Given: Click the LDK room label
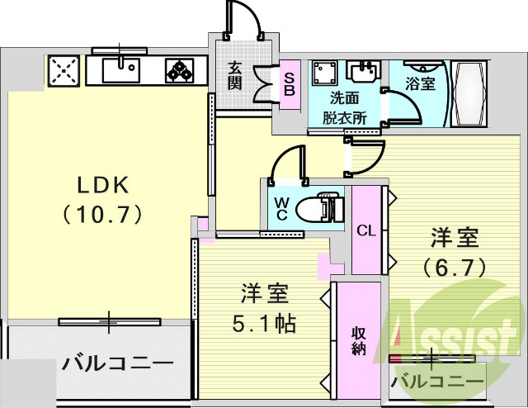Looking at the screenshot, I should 102,183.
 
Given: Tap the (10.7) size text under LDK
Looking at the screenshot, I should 102,213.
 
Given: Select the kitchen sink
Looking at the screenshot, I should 123,70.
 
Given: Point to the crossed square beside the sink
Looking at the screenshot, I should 64,71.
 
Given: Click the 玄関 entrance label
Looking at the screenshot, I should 235,76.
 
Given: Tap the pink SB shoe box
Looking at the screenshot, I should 289,83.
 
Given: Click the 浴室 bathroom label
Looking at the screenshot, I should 421,83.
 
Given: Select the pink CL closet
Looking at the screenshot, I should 366,230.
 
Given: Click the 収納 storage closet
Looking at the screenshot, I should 357,339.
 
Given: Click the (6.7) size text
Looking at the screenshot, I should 453,267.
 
